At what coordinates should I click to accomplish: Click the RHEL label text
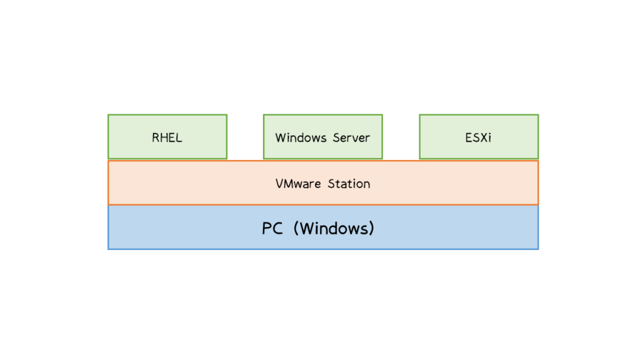(x=167, y=137)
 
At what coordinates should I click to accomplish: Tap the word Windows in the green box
(x=298, y=137)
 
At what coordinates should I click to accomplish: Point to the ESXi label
(x=478, y=137)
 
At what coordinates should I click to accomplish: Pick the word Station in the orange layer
(x=349, y=184)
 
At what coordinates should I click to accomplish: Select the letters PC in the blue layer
(x=272, y=229)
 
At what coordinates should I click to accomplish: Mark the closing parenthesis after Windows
(x=371, y=229)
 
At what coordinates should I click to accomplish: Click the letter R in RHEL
(x=156, y=137)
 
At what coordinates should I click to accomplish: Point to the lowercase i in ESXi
(x=489, y=137)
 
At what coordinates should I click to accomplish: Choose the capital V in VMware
(x=279, y=184)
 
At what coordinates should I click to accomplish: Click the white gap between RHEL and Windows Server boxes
(x=245, y=137)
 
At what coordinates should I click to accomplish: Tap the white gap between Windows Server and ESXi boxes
(x=401, y=137)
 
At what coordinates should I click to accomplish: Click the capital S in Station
(x=331, y=184)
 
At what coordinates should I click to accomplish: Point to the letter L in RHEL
(x=179, y=137)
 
